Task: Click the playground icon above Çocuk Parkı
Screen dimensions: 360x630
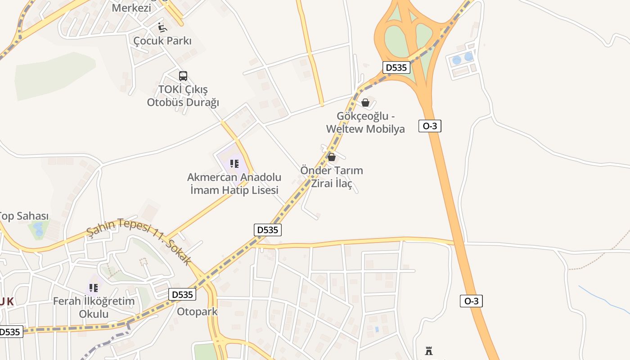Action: coord(162,27)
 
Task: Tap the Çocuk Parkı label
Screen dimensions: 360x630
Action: coord(162,41)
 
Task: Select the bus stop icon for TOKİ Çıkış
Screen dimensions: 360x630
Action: coord(183,76)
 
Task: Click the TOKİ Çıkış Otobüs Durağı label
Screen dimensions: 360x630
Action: coord(183,96)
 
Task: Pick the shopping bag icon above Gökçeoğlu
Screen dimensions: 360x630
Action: coord(365,103)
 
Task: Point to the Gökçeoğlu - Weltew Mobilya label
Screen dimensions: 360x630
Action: coord(365,122)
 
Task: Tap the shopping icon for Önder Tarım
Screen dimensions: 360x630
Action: coord(332,157)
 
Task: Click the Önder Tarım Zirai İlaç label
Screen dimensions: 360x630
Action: coord(332,177)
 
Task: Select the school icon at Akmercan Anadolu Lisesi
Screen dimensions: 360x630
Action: coord(234,163)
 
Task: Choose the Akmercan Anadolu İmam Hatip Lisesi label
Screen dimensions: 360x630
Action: coord(234,184)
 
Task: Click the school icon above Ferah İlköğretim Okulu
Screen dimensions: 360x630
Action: coord(94,288)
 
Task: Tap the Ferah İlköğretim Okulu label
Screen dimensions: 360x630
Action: coord(94,307)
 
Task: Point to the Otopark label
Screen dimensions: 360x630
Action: coord(197,311)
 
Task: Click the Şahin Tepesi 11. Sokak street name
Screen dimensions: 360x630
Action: coord(139,241)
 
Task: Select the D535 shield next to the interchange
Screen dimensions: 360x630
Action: coord(396,67)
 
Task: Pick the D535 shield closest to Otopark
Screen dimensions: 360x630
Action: coord(183,295)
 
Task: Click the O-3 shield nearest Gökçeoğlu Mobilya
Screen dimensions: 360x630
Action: coord(430,126)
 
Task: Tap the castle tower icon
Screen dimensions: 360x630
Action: coord(429,351)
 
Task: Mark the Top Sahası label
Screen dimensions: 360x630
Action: coord(23,216)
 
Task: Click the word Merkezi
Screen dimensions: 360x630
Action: coord(131,8)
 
